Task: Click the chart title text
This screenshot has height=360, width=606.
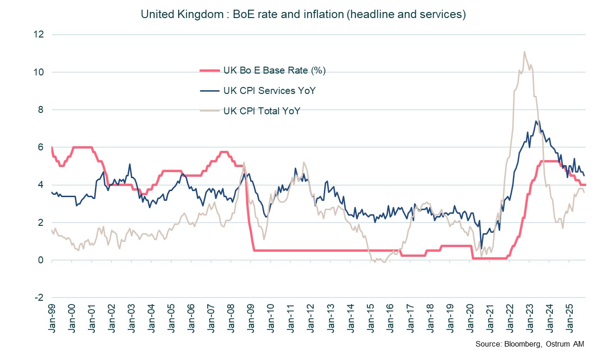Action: pyautogui.click(x=303, y=14)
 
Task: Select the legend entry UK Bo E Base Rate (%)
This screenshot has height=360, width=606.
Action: pyautogui.click(x=275, y=70)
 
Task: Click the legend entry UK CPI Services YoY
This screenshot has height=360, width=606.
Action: pyautogui.click(x=269, y=91)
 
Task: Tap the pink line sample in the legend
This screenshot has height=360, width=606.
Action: pyautogui.click(x=209, y=70)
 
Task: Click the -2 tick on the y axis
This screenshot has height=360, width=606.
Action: pyautogui.click(x=39, y=298)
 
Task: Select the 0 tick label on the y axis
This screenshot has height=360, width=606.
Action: pyautogui.click(x=41, y=260)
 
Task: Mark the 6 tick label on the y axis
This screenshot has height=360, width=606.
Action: pyautogui.click(x=41, y=147)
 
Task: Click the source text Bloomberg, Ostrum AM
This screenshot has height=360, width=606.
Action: pyautogui.click(x=529, y=344)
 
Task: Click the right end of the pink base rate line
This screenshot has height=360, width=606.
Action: pyautogui.click(x=585, y=185)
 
